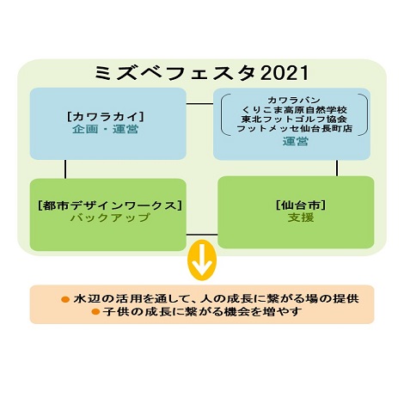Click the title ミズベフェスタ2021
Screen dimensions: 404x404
point(202,73)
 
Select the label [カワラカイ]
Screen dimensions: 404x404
point(106,117)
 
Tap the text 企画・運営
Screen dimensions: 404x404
point(105,129)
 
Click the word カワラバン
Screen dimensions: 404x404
point(294,101)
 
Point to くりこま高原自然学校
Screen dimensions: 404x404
point(294,110)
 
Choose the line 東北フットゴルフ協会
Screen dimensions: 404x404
point(294,119)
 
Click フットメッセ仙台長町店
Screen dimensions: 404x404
point(294,128)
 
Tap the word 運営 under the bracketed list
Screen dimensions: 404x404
point(296,142)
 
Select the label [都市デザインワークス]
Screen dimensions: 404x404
point(110,205)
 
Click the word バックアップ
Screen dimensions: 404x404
point(110,217)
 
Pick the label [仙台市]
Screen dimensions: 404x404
point(301,205)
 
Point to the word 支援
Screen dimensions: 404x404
point(301,217)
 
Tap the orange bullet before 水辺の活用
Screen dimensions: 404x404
point(65,299)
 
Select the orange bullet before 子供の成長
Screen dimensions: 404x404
point(95,311)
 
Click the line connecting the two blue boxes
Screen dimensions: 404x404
point(200,104)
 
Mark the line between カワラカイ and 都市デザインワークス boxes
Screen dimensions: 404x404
point(65,169)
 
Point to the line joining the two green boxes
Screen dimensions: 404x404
point(202,235)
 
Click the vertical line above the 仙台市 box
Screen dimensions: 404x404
point(337,168)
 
